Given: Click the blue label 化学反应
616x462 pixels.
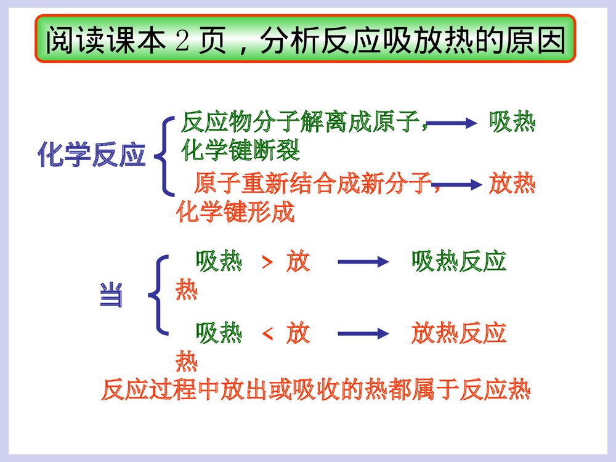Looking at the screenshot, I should (91, 156).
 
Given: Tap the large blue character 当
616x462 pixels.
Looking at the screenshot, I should (111, 295).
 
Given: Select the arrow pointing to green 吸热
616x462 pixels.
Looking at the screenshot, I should (452, 124).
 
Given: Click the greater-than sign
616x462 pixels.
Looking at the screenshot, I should (267, 263).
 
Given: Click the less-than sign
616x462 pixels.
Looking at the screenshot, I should (267, 334).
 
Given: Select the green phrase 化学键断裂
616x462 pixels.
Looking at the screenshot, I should (240, 152).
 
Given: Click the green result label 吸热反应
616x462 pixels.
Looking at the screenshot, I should (458, 262).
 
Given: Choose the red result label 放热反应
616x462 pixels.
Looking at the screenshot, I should (458, 334).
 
